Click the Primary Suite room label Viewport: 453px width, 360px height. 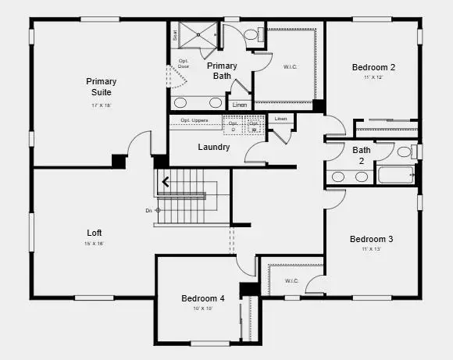click(102, 87)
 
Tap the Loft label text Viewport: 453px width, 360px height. click(95, 233)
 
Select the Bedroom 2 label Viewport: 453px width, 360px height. click(373, 68)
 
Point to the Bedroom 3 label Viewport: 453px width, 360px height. click(371, 239)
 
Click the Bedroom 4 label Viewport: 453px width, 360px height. click(203, 298)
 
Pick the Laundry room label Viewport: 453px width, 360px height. click(213, 147)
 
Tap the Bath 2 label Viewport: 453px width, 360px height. click(362, 155)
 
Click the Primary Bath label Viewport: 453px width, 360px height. click(222, 71)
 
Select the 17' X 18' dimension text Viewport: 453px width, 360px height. click(102, 105)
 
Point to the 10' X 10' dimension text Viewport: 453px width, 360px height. click(203, 308)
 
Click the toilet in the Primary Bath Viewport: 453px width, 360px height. click(252, 35)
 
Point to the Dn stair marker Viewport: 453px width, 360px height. click(151, 210)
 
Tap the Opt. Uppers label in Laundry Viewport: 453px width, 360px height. click(194, 120)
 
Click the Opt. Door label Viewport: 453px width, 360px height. click(184, 64)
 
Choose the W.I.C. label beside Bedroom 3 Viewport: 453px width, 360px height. click(291, 281)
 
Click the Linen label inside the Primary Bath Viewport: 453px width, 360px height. click(240, 105)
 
